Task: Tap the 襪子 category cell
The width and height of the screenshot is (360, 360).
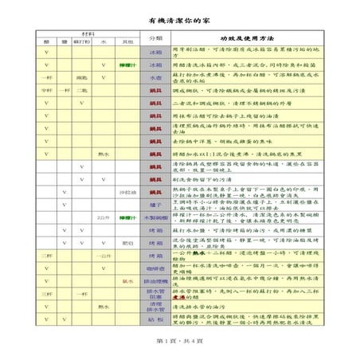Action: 155,204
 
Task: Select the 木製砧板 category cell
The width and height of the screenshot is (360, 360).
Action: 155,217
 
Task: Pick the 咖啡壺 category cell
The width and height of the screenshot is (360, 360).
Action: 155,268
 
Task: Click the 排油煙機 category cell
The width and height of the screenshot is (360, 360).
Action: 155,281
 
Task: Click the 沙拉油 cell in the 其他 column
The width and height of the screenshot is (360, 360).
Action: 127,192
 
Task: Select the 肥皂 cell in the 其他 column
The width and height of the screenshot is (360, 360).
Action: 127,242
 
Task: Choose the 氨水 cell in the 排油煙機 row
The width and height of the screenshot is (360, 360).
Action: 127,281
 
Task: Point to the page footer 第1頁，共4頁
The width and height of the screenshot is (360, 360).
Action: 180,341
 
